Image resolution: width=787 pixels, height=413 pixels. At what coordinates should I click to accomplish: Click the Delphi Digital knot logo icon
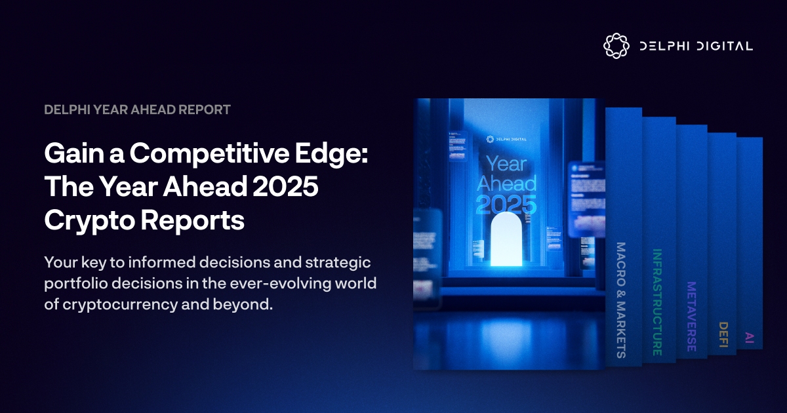point(616,45)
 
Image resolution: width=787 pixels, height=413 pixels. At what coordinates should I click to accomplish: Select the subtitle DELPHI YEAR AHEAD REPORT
point(137,109)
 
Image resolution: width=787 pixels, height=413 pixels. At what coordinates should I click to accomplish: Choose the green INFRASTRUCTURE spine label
point(657,302)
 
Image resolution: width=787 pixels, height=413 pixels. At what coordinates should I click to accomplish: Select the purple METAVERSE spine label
point(691,316)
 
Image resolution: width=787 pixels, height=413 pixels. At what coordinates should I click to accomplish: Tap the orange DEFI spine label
point(723,335)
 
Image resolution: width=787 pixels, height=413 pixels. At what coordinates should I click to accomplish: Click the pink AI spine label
point(750,338)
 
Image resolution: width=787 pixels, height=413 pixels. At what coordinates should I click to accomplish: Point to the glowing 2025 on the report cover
point(506,205)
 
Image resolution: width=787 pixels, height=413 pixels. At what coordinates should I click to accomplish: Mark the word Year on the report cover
point(506,163)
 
